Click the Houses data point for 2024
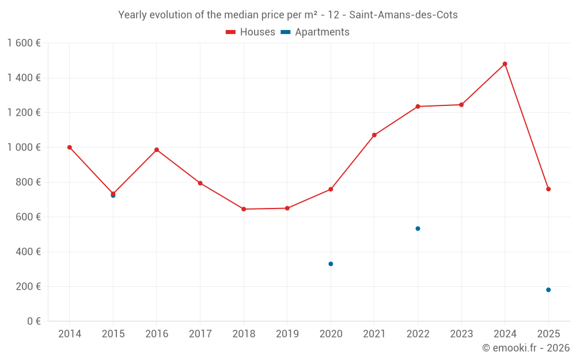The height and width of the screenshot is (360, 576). click(x=505, y=64)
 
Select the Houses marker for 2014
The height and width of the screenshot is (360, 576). click(x=70, y=147)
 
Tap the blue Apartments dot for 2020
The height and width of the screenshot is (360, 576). click(x=331, y=264)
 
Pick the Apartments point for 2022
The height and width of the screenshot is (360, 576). click(x=418, y=229)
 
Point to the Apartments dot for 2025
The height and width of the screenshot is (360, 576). click(x=548, y=290)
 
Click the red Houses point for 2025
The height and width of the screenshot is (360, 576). click(x=548, y=189)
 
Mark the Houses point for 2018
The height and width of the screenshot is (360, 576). click(x=244, y=209)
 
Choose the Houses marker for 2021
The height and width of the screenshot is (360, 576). click(x=374, y=135)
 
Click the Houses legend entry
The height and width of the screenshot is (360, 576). click(x=251, y=32)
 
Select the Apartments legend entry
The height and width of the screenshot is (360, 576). click(x=315, y=32)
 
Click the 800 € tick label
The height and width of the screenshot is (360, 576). click(x=26, y=182)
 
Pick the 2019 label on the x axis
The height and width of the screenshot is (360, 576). click(x=287, y=334)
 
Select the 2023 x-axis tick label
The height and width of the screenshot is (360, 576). click(x=461, y=334)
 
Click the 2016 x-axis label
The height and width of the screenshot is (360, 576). click(x=157, y=334)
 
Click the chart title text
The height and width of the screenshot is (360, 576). click(x=288, y=15)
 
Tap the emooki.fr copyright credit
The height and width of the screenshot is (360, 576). click(x=526, y=348)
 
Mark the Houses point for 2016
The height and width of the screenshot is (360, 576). click(x=157, y=150)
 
